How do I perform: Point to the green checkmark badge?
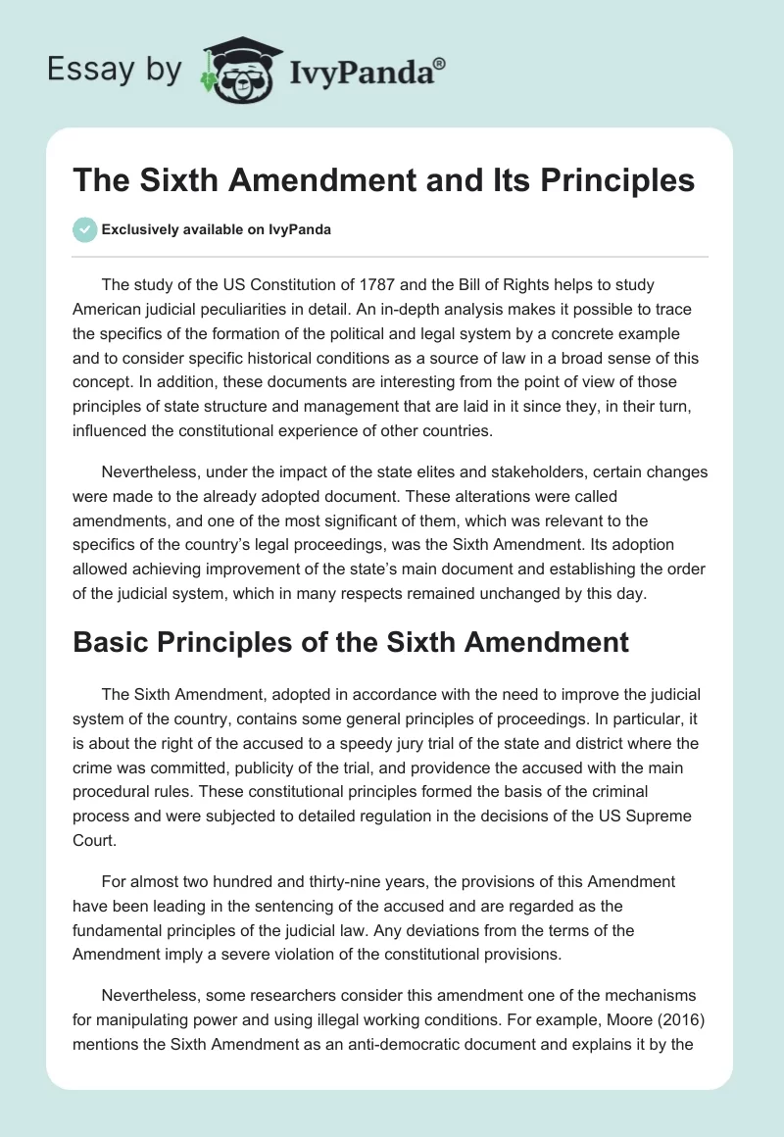coord(84,229)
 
